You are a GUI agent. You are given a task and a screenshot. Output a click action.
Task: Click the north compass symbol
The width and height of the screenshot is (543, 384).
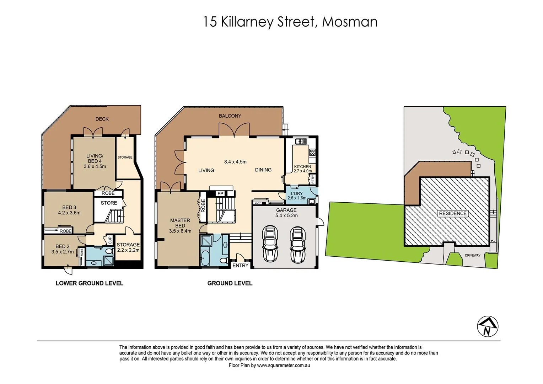[x=487, y=326]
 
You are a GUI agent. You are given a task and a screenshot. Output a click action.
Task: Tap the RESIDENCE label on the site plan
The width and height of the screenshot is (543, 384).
[x=452, y=213]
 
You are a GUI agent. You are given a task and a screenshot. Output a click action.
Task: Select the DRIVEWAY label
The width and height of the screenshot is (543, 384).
[x=472, y=255]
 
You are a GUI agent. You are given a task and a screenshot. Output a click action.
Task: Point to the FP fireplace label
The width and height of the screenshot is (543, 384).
[x=220, y=193]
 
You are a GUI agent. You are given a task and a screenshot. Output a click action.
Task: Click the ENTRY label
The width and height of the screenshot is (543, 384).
[x=240, y=266]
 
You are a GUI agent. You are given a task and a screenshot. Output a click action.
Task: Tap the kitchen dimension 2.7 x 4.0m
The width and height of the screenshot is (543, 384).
[x=302, y=171]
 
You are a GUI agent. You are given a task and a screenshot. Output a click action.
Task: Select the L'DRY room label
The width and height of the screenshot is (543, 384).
[x=297, y=193]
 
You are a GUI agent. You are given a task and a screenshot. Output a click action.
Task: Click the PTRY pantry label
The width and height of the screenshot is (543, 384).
[x=313, y=180]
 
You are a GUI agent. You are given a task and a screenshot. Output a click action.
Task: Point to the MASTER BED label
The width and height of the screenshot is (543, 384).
[x=180, y=223]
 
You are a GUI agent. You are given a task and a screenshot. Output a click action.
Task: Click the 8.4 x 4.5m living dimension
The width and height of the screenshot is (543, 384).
[x=235, y=162]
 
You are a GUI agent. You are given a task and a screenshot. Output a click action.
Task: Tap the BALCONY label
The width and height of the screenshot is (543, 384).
[x=230, y=116]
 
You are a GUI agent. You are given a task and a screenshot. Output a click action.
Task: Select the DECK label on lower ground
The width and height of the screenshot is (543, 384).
[x=102, y=119]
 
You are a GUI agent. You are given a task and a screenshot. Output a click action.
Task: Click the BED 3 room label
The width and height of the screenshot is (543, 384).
[x=69, y=207]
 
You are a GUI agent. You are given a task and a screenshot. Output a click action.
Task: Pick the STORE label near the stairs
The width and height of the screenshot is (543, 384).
[x=109, y=203]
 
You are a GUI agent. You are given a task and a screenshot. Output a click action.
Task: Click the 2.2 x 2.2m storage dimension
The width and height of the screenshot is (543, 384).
[x=128, y=250]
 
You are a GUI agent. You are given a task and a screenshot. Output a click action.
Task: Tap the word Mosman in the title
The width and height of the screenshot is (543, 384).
[x=349, y=22]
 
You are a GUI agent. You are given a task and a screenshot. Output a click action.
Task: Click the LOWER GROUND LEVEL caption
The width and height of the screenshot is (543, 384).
[x=89, y=283]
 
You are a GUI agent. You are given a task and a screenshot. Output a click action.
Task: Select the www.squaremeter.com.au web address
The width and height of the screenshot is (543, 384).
[x=284, y=365]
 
